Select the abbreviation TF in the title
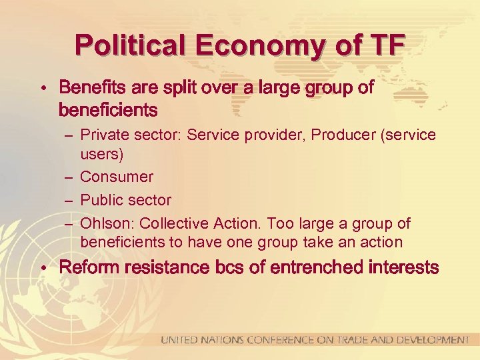(x=387, y=45)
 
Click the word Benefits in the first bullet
(x=89, y=87)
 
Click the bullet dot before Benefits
(x=42, y=89)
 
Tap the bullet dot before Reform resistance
(x=42, y=269)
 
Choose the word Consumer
(x=117, y=177)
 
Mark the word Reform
(x=87, y=268)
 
